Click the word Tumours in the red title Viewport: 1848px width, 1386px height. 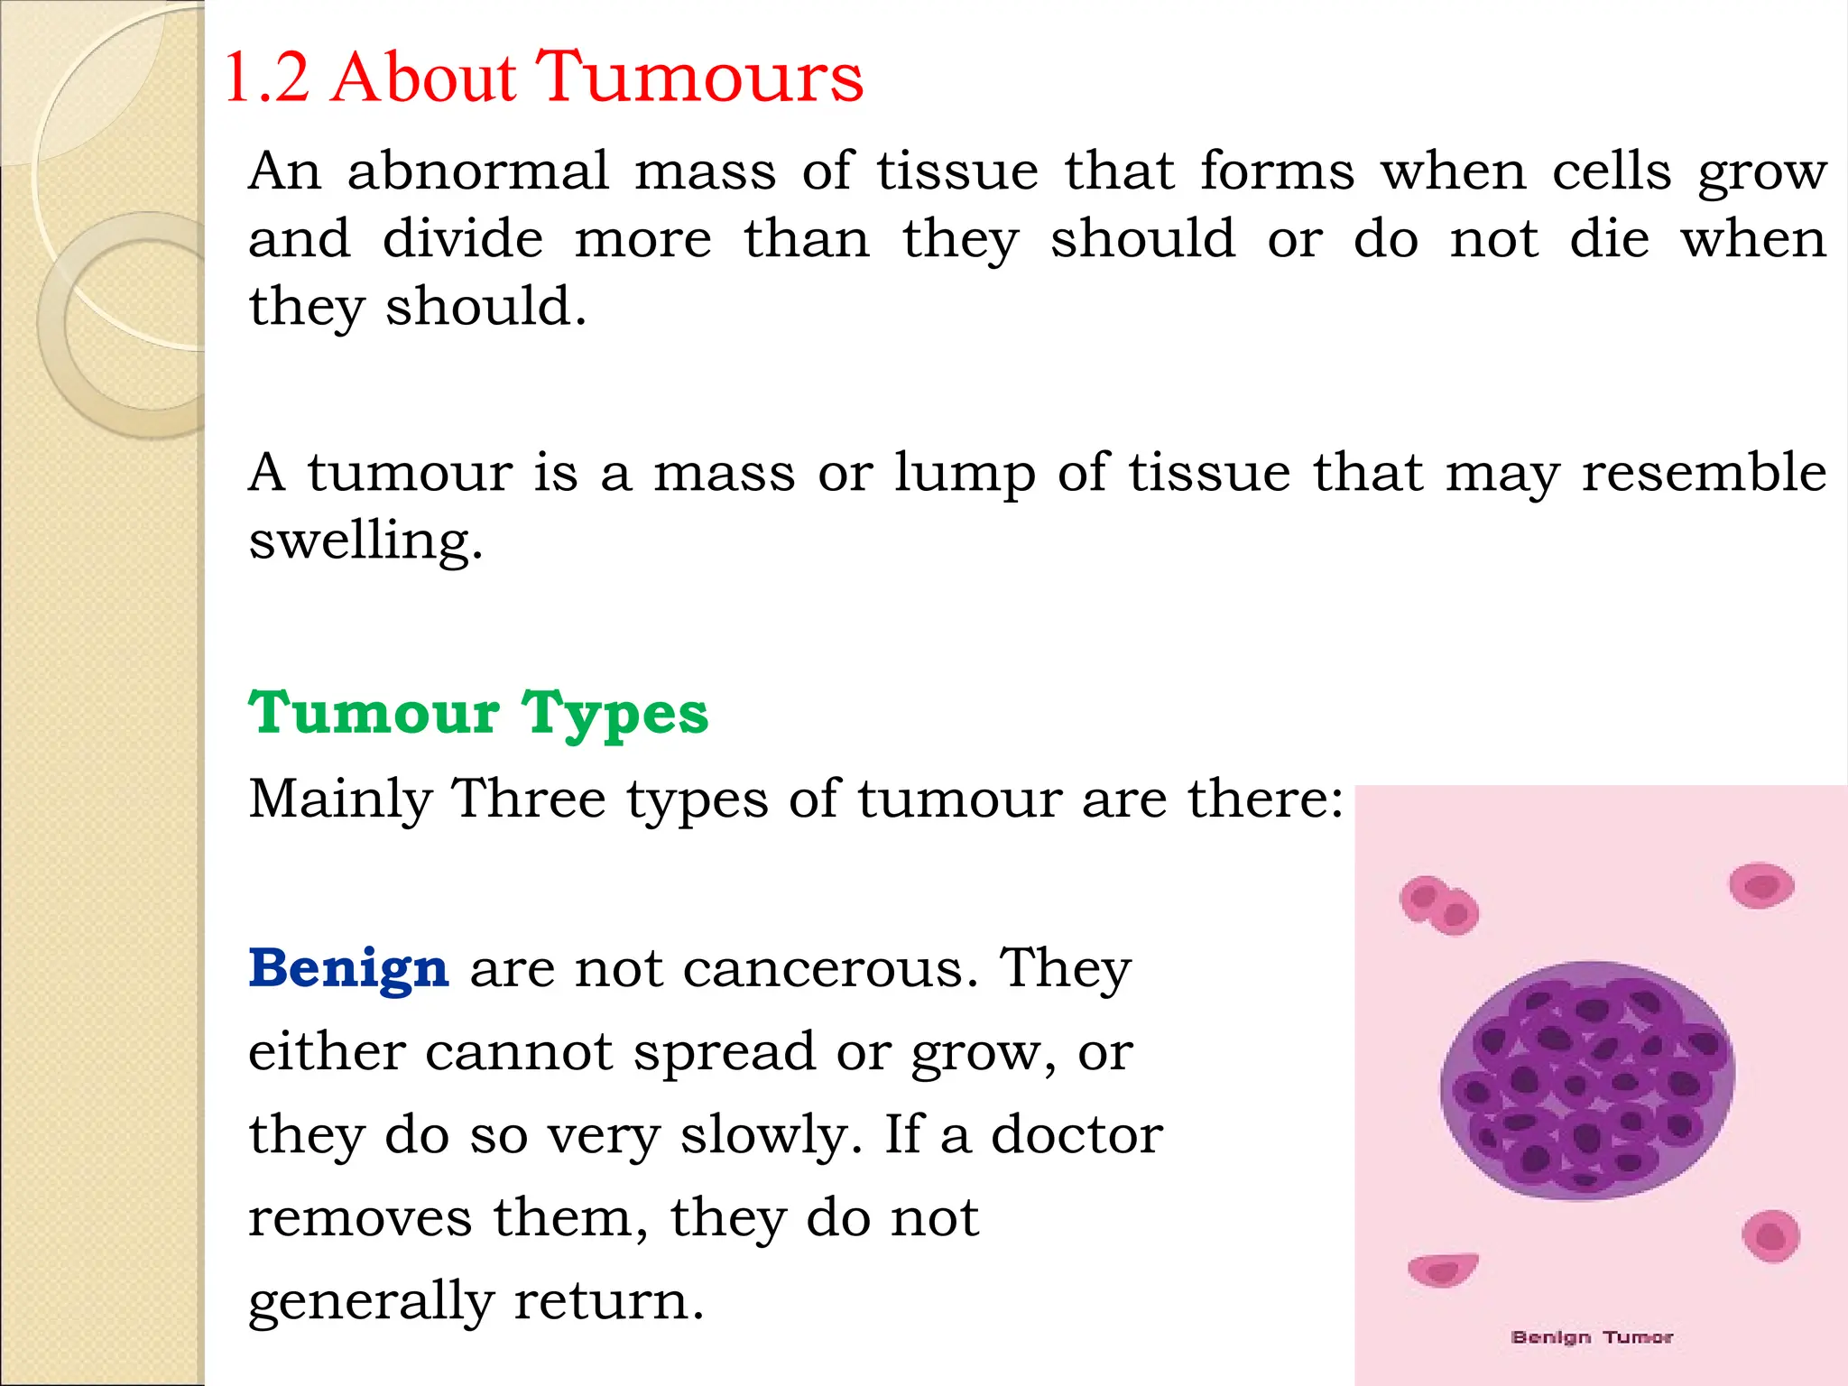(x=700, y=78)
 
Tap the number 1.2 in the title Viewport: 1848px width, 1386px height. (x=266, y=78)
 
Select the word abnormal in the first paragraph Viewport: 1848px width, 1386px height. (x=478, y=171)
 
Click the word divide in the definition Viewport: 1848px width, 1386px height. (x=463, y=239)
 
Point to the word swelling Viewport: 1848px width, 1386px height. (x=365, y=541)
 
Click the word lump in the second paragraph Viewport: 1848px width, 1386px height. (x=965, y=473)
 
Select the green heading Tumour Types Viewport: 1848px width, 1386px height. (x=478, y=714)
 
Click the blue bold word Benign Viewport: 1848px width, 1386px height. (x=348, y=968)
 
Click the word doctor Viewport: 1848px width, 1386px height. (x=1077, y=1134)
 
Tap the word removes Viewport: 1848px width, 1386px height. (x=360, y=1217)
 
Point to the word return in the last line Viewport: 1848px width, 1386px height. (x=609, y=1300)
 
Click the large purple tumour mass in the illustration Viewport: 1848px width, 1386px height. (x=1586, y=1080)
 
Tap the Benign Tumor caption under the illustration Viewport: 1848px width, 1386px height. (x=1592, y=1336)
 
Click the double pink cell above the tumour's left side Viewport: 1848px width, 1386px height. (x=1439, y=905)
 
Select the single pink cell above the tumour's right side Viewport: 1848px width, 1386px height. (x=1761, y=885)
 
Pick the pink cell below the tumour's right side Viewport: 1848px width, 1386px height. (x=1770, y=1236)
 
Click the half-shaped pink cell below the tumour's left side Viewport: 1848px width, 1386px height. (x=1443, y=1270)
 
